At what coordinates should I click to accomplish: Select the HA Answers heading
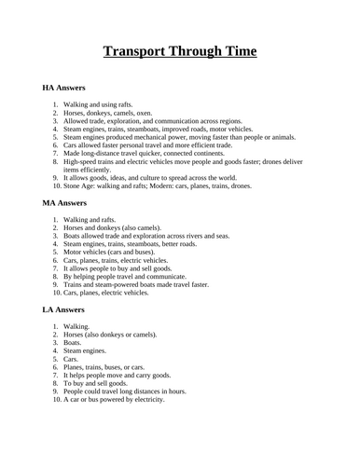tap(65, 87)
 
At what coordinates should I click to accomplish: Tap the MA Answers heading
tap(65, 201)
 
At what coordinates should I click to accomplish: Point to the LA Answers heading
tap(64, 308)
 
